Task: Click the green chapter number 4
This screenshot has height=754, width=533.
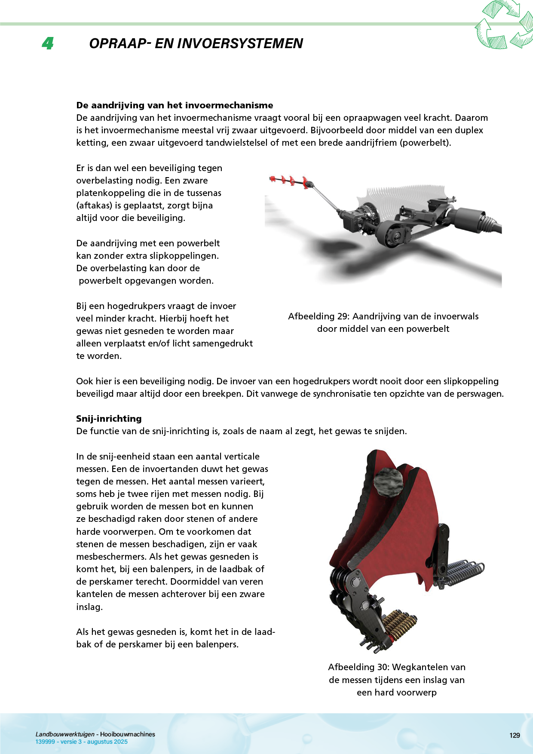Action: click(48, 43)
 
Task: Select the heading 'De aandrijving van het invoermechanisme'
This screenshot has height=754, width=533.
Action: click(175, 105)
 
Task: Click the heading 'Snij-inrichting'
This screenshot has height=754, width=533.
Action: click(109, 419)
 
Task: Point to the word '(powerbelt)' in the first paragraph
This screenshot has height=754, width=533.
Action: click(425, 143)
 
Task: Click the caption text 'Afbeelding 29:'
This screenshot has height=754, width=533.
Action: click(319, 316)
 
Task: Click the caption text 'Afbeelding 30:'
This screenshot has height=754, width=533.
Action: click(358, 667)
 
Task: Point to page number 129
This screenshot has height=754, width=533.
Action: click(515, 736)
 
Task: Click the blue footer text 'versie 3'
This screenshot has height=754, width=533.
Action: click(71, 742)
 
